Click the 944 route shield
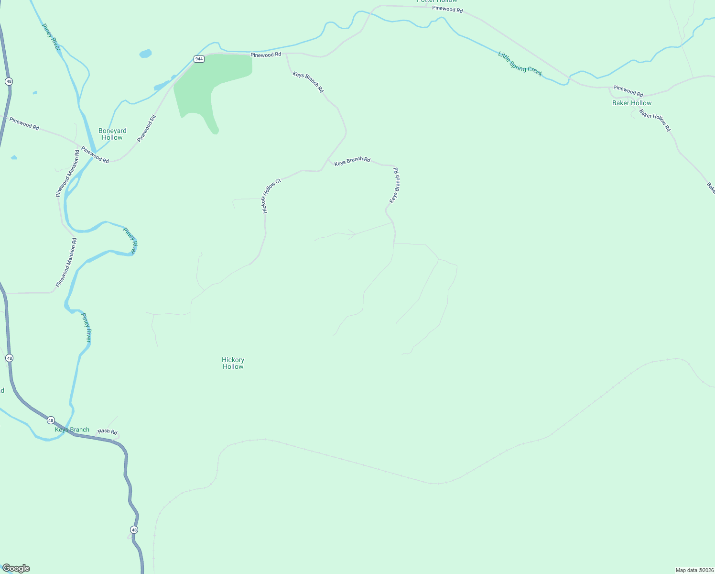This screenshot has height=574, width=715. (x=199, y=59)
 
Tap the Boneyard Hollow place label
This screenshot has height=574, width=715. (x=112, y=134)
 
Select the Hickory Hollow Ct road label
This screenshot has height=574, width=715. (x=271, y=196)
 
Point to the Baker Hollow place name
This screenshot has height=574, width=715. (x=632, y=103)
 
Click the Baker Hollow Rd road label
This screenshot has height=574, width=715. (x=655, y=121)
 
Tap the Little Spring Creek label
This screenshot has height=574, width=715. (x=520, y=64)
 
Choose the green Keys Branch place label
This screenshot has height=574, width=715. (x=72, y=430)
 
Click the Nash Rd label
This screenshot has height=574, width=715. (x=108, y=431)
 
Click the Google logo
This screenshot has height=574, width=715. (x=16, y=568)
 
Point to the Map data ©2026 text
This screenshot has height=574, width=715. (x=694, y=570)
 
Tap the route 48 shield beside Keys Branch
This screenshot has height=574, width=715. (x=51, y=420)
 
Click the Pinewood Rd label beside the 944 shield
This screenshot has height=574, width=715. (x=266, y=55)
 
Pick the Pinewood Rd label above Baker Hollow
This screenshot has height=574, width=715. (x=628, y=91)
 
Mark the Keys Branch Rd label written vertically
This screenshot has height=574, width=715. (x=394, y=185)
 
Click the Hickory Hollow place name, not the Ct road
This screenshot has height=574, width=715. (x=233, y=363)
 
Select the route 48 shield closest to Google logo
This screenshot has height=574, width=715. (x=134, y=530)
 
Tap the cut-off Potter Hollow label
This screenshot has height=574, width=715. (x=437, y=1)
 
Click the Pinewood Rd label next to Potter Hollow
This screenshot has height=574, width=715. (x=447, y=9)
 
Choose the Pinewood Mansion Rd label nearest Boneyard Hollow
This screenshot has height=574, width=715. (x=67, y=173)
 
